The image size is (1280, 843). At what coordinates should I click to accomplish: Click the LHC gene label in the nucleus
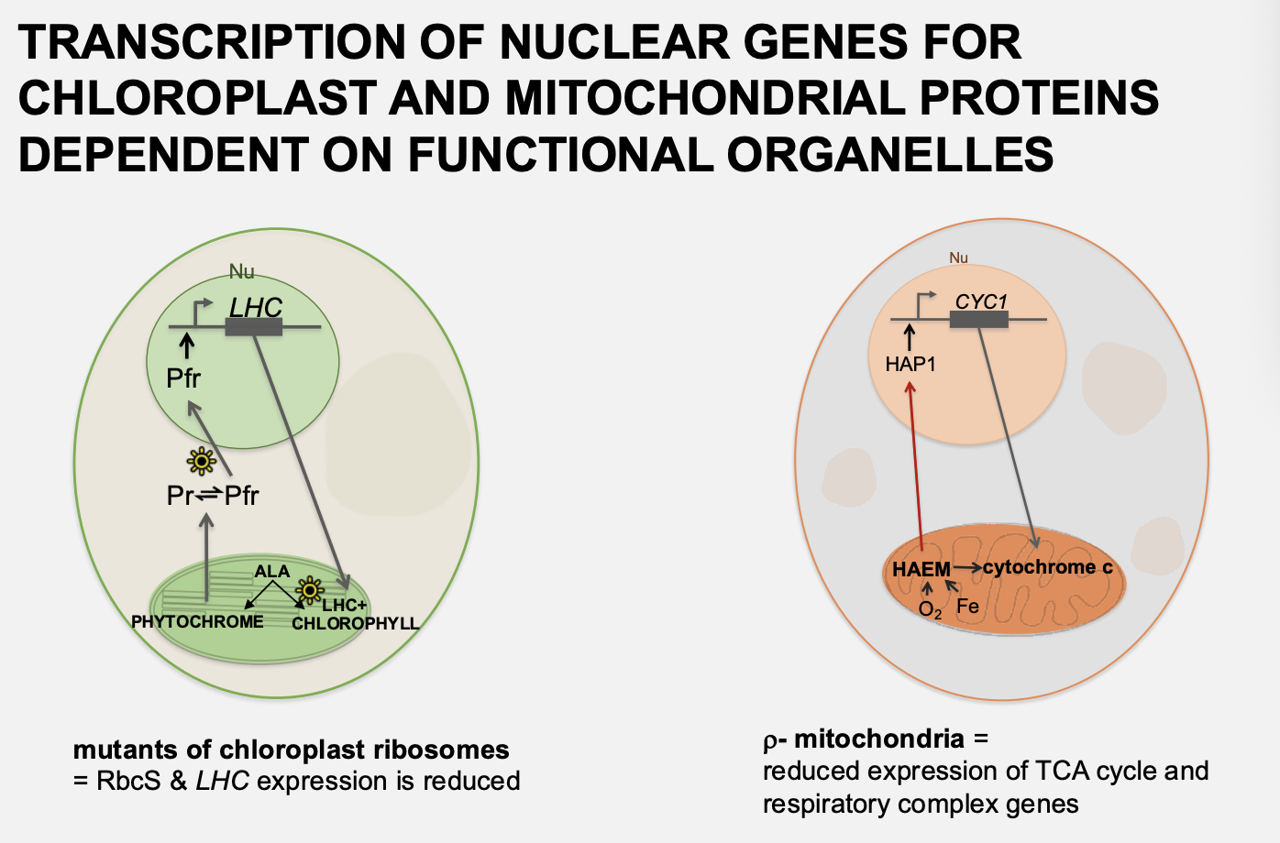(x=255, y=308)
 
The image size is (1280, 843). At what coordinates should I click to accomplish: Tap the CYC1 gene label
(x=981, y=301)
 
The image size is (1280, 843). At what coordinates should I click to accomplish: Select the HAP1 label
(x=910, y=365)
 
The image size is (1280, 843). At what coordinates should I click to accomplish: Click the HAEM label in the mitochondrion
(x=921, y=569)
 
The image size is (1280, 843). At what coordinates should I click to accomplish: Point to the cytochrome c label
(x=1047, y=567)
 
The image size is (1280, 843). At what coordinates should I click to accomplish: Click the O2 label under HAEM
(x=929, y=609)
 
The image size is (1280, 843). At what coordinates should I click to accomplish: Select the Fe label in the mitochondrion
(x=967, y=607)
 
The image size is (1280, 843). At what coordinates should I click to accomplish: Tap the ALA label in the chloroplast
(x=271, y=571)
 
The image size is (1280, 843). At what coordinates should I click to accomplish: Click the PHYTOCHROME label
(x=197, y=621)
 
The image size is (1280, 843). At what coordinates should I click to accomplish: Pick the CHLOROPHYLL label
(x=355, y=623)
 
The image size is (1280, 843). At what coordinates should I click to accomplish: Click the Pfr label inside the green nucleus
(x=183, y=378)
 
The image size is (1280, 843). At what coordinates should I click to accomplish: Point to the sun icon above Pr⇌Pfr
(x=201, y=460)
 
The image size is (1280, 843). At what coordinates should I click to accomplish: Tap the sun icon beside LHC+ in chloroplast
(x=310, y=589)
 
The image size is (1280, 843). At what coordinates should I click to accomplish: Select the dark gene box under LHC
(x=254, y=327)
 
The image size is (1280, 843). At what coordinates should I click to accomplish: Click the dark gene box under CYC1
(x=978, y=320)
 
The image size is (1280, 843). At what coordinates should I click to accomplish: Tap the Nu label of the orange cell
(x=958, y=258)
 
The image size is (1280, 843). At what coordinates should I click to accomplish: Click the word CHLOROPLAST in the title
(x=197, y=98)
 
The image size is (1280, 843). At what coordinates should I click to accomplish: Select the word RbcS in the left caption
(x=128, y=781)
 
